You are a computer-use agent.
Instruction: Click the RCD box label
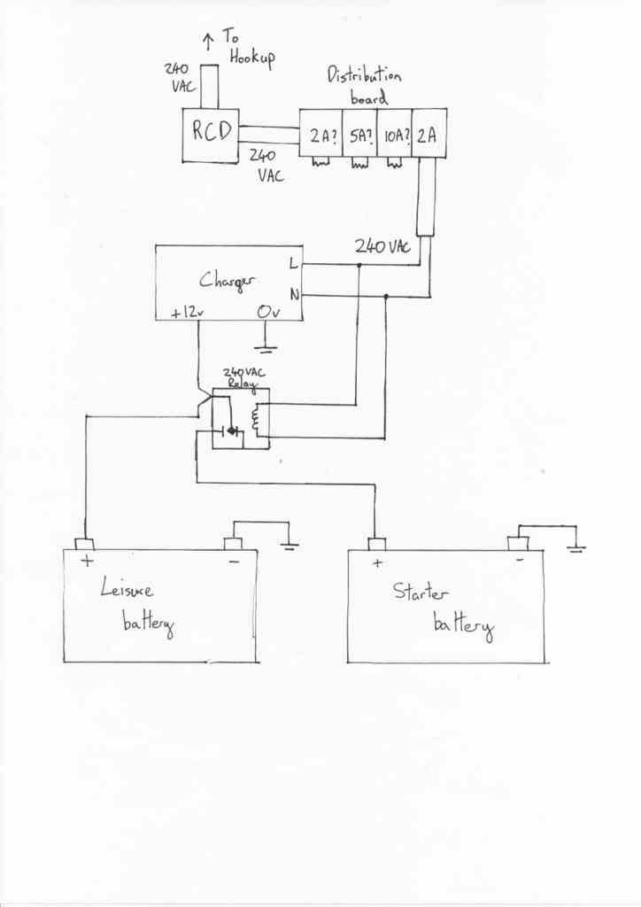coord(212,131)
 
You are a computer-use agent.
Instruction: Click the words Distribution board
coord(364,86)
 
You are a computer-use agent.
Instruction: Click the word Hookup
coord(252,58)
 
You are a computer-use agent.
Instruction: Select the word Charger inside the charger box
coord(227,281)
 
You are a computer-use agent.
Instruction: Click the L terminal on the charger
coord(294,263)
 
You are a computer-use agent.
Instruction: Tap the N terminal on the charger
coord(295,296)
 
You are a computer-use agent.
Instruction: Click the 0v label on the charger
coord(268,312)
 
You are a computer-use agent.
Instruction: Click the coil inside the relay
coord(255,419)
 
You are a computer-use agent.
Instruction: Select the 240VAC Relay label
coord(243,377)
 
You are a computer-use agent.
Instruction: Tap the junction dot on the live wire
coord(359,266)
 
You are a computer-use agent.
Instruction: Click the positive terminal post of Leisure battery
coord(84,545)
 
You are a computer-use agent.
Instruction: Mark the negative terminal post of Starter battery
coord(518,543)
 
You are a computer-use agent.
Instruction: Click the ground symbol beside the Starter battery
coord(576,547)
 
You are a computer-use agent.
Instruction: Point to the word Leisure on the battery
coord(127,588)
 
